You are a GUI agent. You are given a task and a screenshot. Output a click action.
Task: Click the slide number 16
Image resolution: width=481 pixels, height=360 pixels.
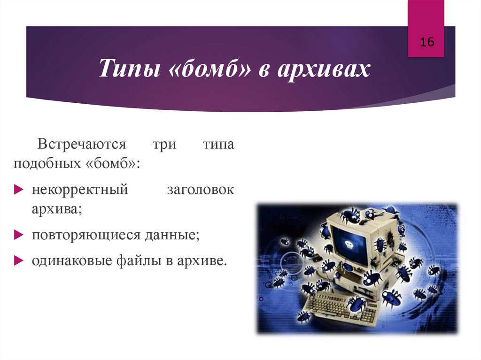427,42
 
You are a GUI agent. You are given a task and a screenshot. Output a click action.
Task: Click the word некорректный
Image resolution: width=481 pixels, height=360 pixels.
80,190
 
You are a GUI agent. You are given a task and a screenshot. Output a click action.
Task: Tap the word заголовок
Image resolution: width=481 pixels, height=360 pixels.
201,190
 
